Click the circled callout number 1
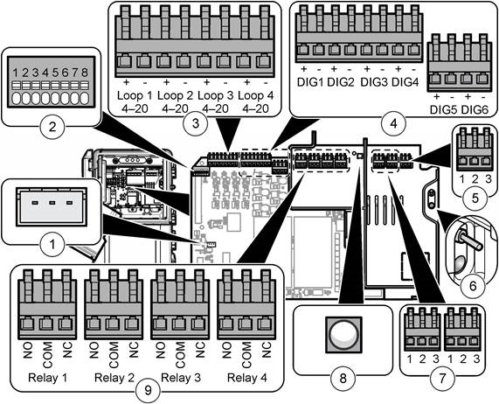pyautogui.click(x=52, y=245)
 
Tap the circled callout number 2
pyautogui.click(x=52, y=128)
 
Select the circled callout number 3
pyautogui.click(x=196, y=123)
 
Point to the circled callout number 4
pyautogui.click(x=394, y=123)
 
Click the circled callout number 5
pyautogui.click(x=475, y=198)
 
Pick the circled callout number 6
pyautogui.click(x=473, y=286)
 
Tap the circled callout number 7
pyautogui.click(x=442, y=379)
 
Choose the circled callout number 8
pyautogui.click(x=343, y=379)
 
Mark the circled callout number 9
pyautogui.click(x=148, y=390)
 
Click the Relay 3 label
pyautogui.click(x=181, y=378)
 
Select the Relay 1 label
pyautogui.click(x=48, y=378)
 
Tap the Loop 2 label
pyautogui.click(x=175, y=95)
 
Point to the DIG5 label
pyautogui.click(x=443, y=110)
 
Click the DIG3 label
pyautogui.click(x=374, y=82)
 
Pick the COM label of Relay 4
pyautogui.click(x=246, y=355)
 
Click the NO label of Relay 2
pyautogui.click(x=94, y=350)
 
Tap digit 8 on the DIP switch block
pyautogui.click(x=85, y=73)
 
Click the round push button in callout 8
pyautogui.click(x=343, y=334)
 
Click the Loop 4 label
pyautogui.click(x=255, y=95)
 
